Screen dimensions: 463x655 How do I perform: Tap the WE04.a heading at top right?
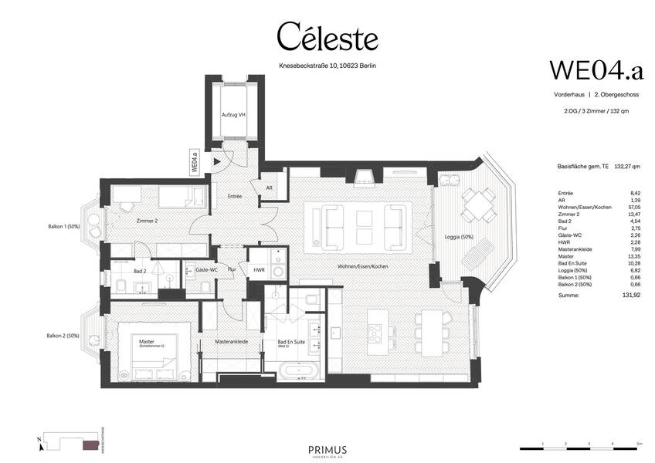596,69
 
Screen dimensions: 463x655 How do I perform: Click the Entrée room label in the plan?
235,196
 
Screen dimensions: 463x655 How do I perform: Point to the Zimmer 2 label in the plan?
147,221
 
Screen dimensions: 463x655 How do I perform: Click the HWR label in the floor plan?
260,270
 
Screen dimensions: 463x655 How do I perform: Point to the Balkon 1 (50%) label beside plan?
63,228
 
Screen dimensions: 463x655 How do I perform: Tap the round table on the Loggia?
472,205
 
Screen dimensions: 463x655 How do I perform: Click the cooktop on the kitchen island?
376,331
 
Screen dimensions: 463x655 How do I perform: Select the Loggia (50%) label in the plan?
459,237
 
